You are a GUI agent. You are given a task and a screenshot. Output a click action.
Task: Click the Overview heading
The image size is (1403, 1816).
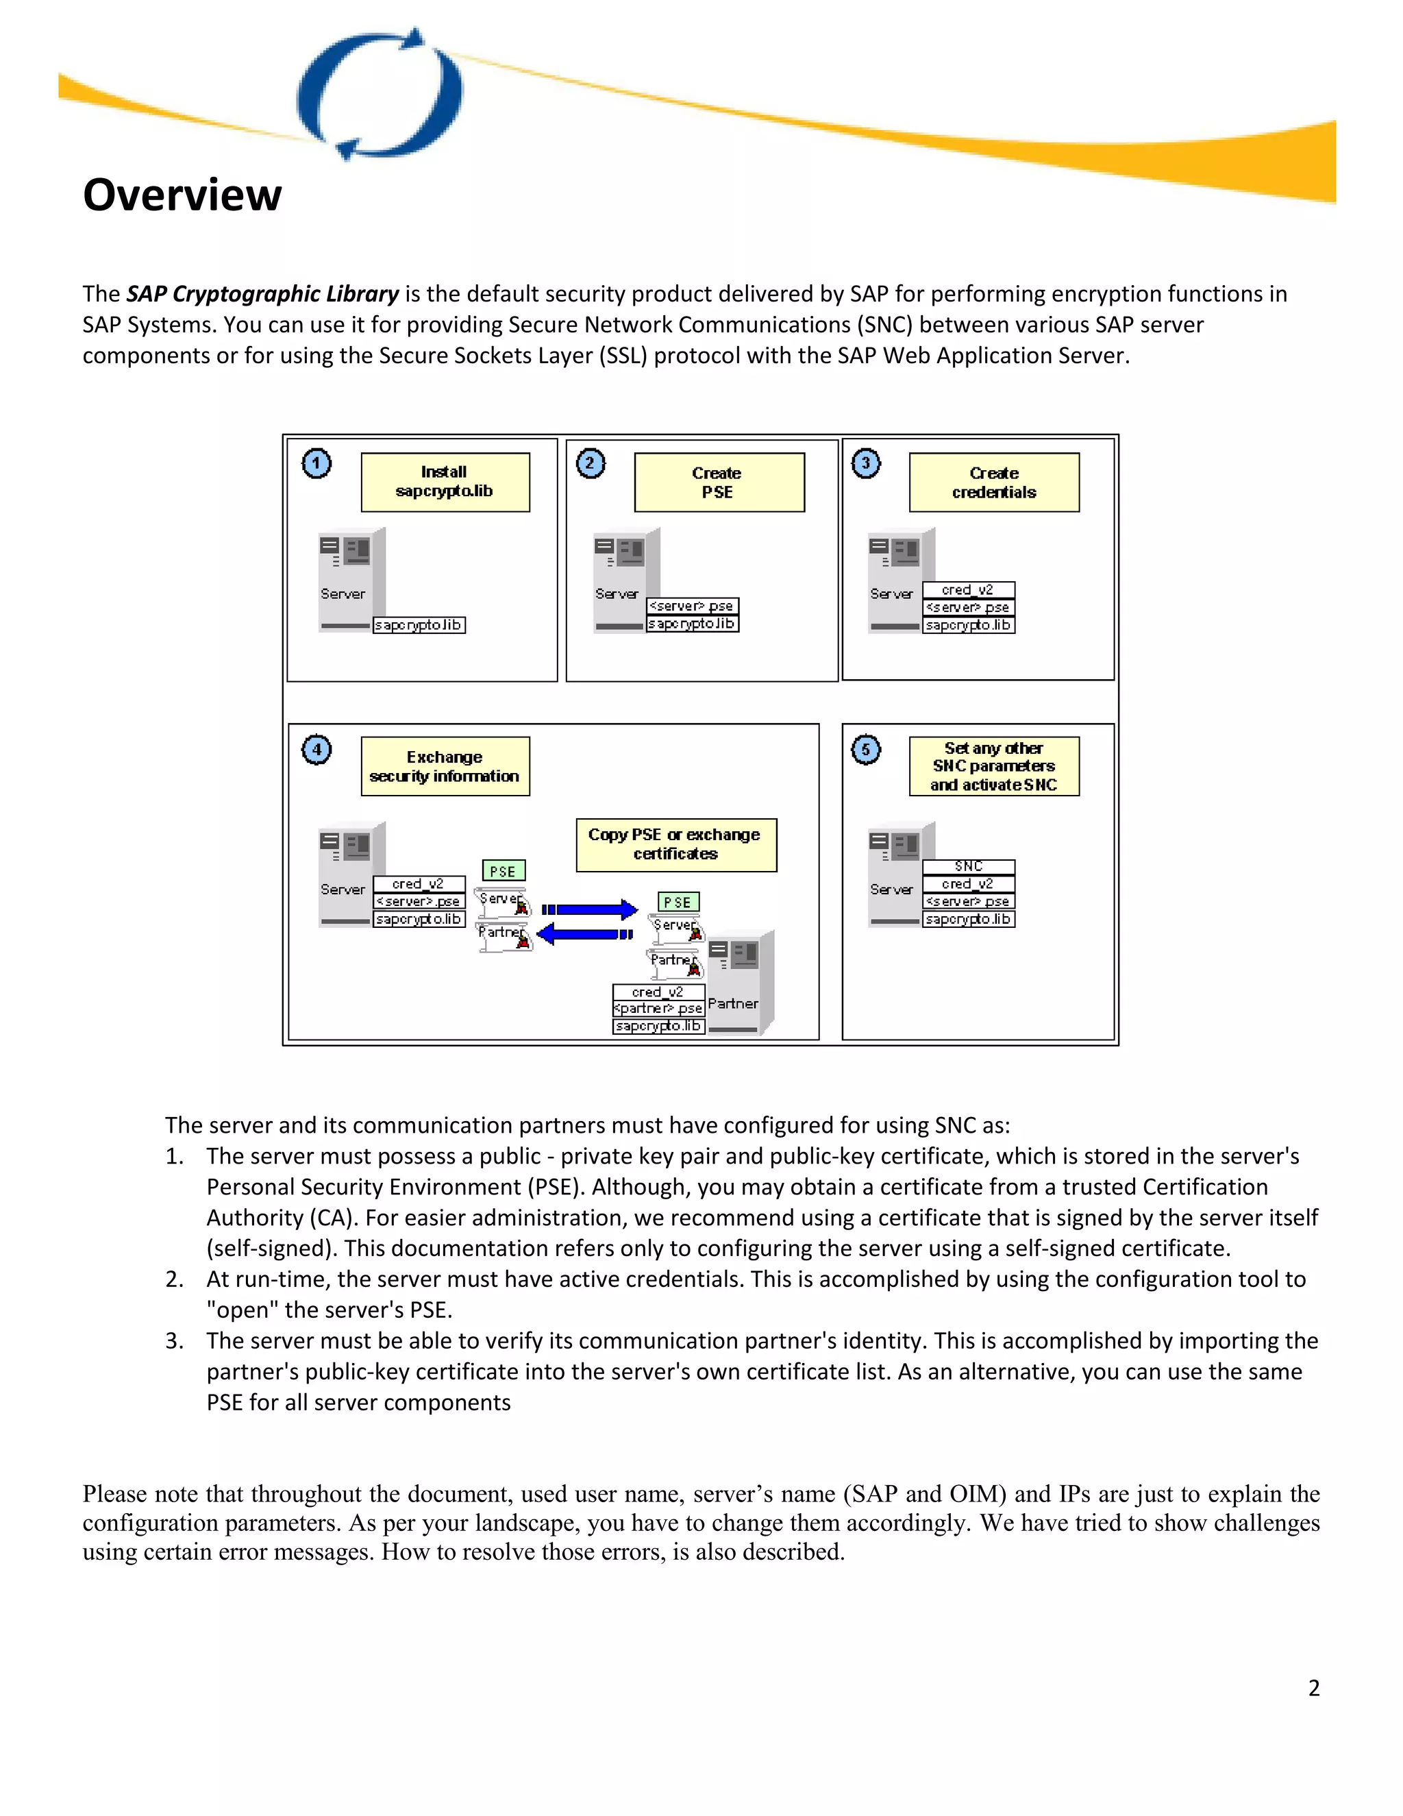(182, 195)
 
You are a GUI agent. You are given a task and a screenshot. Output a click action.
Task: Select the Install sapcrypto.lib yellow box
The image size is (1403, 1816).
(445, 482)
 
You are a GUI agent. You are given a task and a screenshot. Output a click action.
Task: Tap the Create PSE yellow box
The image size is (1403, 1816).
(719, 482)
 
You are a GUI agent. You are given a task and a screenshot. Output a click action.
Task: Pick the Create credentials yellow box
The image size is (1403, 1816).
(994, 482)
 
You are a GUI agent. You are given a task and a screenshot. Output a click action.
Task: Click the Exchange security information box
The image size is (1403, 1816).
(445, 767)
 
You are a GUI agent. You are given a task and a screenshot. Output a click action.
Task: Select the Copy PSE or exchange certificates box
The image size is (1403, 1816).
(675, 845)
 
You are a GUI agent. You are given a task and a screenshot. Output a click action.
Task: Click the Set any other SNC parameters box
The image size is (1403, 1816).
(994, 767)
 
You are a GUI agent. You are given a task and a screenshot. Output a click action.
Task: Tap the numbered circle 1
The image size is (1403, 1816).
(316, 463)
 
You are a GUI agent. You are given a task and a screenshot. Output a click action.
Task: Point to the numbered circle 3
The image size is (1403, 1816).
(865, 463)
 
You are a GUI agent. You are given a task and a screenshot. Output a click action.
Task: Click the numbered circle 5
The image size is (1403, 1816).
(865, 749)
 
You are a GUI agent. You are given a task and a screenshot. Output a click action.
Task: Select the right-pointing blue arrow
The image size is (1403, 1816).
(589, 909)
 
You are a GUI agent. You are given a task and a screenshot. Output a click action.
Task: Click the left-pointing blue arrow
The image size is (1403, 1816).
(584, 935)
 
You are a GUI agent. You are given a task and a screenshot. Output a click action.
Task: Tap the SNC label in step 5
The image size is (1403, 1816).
(968, 866)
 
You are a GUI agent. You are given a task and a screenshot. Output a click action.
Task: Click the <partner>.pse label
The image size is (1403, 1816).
(658, 1009)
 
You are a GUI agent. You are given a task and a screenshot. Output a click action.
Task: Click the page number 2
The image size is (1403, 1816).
(1313, 1687)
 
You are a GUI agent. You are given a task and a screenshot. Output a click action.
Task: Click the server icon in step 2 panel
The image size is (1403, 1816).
(625, 580)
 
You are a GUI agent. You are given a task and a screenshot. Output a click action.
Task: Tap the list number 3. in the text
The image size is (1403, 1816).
(174, 1340)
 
